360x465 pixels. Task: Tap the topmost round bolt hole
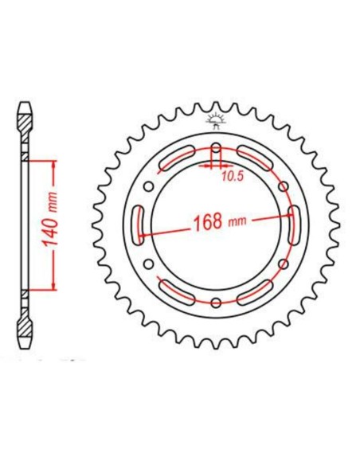pyautogui.click(x=217, y=148)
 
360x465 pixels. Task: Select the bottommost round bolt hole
pyautogui.click(x=217, y=302)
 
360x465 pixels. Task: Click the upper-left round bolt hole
pyautogui.click(x=151, y=186)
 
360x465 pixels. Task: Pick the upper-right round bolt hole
pyautogui.click(x=283, y=186)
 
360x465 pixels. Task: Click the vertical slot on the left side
pyautogui.click(x=139, y=225)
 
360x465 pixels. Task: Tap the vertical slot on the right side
pyautogui.click(x=294, y=225)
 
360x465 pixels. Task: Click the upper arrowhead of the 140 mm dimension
pyautogui.click(x=53, y=162)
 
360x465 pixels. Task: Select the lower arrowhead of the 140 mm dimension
pyautogui.click(x=53, y=287)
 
